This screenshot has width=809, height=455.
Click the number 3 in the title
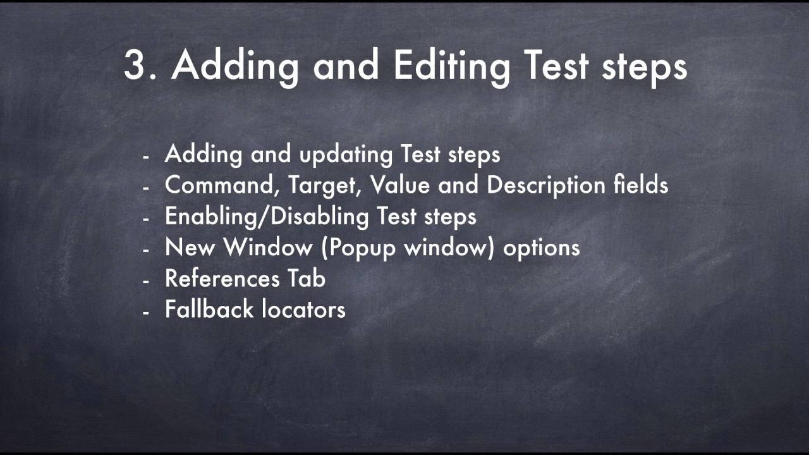pyautogui.click(x=135, y=64)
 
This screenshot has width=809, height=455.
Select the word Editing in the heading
pyautogui.click(x=451, y=66)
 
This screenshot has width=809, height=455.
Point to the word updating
pyautogui.click(x=346, y=154)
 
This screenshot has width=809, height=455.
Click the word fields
pyautogui.click(x=641, y=185)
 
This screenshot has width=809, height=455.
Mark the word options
pyautogui.click(x=541, y=248)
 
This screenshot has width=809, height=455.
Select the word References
pyautogui.click(x=222, y=278)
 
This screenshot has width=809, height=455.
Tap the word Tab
pyautogui.click(x=306, y=278)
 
